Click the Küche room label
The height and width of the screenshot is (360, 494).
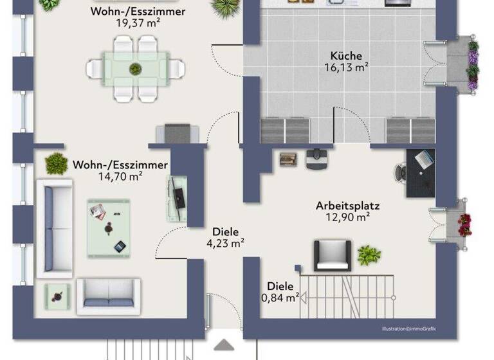click(347, 55)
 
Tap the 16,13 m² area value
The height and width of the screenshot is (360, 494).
click(347, 66)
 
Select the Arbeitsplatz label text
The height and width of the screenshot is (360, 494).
click(347, 206)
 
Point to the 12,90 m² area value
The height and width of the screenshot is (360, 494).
click(347, 217)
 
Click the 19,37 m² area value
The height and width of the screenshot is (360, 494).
click(138, 23)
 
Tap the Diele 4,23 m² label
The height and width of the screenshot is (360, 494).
click(225, 237)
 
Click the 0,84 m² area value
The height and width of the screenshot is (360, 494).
click(280, 297)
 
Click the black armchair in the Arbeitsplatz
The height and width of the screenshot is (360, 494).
click(332, 255)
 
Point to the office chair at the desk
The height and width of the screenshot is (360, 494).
click(401, 171)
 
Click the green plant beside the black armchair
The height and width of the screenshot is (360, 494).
click(369, 255)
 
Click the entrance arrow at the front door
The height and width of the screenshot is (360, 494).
click(224, 346)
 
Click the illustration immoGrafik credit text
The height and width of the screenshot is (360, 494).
click(409, 328)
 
